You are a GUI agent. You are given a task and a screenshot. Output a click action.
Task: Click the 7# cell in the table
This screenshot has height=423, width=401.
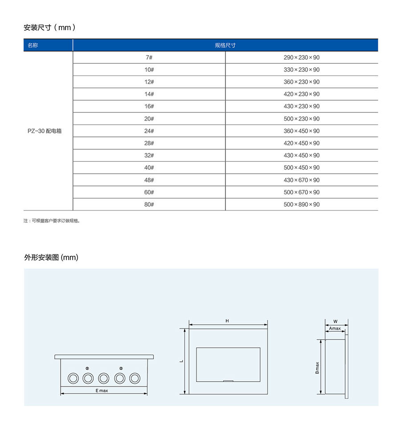pyautogui.click(x=149, y=57)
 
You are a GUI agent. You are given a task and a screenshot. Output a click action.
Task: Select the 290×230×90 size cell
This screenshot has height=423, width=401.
pyautogui.click(x=302, y=57)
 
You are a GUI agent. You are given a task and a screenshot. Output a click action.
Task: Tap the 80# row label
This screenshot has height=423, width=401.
pyautogui.click(x=149, y=205)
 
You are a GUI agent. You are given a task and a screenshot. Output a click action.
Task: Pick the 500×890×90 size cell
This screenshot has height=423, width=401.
pyautogui.click(x=302, y=205)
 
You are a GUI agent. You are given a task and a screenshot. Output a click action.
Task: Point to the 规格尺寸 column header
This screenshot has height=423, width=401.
pyautogui.click(x=225, y=45)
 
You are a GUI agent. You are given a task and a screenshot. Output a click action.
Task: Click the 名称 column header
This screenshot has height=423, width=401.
pyautogui.click(x=33, y=45)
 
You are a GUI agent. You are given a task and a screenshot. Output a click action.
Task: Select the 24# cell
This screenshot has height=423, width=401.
pyautogui.click(x=149, y=131)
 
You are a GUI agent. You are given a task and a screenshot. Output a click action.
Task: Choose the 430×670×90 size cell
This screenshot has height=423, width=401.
pyautogui.click(x=302, y=180)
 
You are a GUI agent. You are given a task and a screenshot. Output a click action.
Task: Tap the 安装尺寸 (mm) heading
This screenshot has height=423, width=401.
pyautogui.click(x=49, y=28)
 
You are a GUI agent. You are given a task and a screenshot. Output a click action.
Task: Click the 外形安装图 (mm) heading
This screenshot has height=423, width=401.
pyautogui.click(x=51, y=258)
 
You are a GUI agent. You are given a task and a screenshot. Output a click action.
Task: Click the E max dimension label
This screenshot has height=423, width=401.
pyautogui.click(x=102, y=390)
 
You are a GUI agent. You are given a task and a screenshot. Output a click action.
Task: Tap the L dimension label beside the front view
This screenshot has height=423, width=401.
pyautogui.click(x=181, y=361)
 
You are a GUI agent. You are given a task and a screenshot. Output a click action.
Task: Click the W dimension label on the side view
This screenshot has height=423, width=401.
pyautogui.click(x=336, y=321)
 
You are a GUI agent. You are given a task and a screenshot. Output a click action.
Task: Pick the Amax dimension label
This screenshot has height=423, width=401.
pyautogui.click(x=335, y=329)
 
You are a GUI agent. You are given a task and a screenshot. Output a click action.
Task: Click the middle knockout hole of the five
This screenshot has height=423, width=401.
pyautogui.click(x=103, y=378)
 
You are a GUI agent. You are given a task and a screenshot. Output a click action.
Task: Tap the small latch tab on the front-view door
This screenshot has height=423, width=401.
pyautogui.click(x=228, y=381)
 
